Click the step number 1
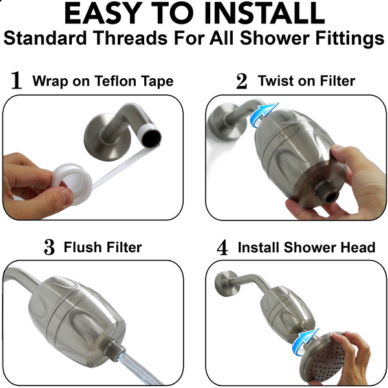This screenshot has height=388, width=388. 17,81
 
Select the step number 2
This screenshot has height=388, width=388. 241,81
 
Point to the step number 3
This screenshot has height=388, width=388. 49,248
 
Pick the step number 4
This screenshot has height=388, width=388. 222,248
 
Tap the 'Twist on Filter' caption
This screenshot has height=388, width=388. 306,81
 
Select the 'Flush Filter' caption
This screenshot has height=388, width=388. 102,247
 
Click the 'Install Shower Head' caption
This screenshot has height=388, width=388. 306,248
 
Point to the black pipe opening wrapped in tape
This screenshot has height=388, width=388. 152,138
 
